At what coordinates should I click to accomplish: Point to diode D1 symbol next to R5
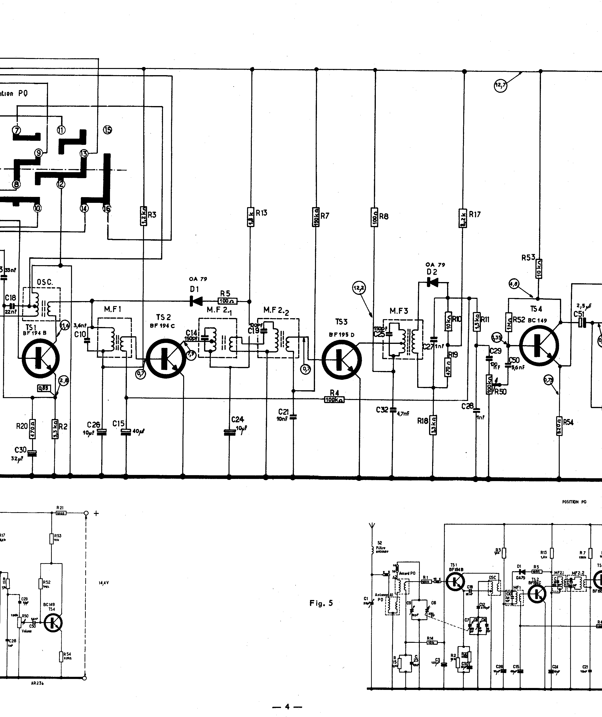[x=196, y=301]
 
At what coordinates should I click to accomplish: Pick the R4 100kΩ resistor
[x=334, y=399]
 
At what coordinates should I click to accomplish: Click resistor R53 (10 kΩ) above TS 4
[x=539, y=269]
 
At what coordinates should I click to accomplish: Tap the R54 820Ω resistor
[x=559, y=426]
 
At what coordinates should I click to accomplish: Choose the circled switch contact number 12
[x=61, y=184]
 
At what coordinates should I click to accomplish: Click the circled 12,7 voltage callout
[x=500, y=85]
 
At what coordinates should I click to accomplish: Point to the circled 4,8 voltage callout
[x=514, y=283]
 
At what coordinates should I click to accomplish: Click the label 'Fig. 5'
[x=321, y=603]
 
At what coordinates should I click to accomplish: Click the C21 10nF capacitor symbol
[x=293, y=417]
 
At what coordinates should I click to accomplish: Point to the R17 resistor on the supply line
[x=463, y=218]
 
